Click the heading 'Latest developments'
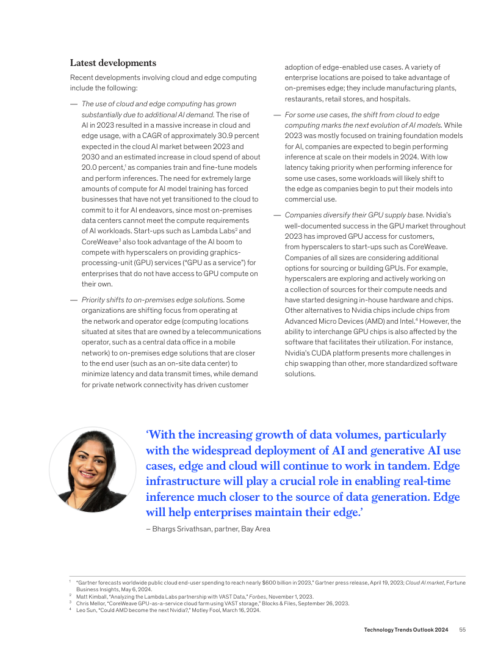tap(113, 63)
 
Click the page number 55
tap(463, 629)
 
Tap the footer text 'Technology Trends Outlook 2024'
tap(406, 629)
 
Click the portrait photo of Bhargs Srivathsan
tap(93, 468)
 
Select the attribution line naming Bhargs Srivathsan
tap(208, 529)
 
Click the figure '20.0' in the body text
tap(91, 167)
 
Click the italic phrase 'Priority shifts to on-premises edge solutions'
tap(153, 300)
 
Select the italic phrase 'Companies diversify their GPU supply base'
tap(354, 215)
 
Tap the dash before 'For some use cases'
tap(277, 115)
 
